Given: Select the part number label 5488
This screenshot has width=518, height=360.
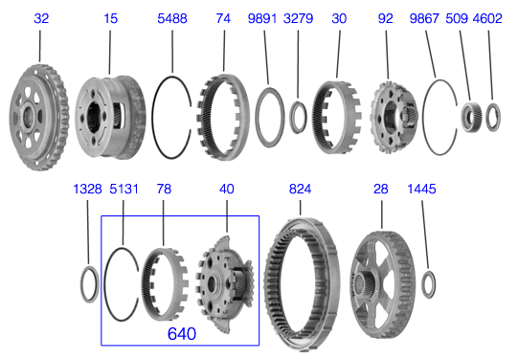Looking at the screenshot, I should coord(173,18).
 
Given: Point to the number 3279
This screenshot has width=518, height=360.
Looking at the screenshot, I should coord(298,18).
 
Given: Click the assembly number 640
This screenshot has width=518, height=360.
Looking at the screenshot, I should coord(182,334).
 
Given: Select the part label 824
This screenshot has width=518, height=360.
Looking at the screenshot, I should coord(302,190).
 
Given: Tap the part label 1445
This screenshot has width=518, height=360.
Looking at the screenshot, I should coord(421,190).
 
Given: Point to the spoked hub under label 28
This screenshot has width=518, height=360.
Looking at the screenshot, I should coord(382,273).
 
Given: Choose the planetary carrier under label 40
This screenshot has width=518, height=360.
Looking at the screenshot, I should coord(226,282).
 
